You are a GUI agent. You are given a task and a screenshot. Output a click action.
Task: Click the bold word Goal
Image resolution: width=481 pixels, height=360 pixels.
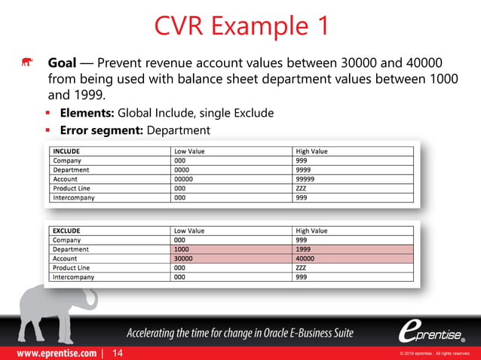pos(62,63)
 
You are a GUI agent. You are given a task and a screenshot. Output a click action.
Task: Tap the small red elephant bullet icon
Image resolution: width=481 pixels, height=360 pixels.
pos(27,63)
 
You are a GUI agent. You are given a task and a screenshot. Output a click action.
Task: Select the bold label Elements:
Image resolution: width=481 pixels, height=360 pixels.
pos(87,113)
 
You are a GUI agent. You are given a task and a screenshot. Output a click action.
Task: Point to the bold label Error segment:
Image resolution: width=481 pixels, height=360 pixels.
pos(102,130)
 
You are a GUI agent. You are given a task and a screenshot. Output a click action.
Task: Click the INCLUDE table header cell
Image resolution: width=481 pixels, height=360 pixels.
pos(66,151)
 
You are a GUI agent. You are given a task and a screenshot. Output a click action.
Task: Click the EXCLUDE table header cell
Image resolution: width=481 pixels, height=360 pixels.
pos(67,230)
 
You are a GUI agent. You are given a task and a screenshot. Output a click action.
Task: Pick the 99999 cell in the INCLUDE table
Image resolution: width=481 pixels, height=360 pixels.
pos(308,179)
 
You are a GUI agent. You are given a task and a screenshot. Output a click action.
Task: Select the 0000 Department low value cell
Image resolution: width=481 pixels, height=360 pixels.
pos(182,170)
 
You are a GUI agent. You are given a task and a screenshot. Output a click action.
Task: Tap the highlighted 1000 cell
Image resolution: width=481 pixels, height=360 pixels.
pos(182,249)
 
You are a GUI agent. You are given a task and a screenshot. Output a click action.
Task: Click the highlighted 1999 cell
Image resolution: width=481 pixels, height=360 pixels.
pos(305,249)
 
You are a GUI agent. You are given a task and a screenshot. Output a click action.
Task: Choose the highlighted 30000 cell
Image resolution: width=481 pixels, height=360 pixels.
pos(185,258)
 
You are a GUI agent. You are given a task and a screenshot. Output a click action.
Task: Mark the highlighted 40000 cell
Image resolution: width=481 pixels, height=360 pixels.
pos(307,258)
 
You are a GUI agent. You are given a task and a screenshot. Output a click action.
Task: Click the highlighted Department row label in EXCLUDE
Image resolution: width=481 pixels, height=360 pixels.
pos(71,249)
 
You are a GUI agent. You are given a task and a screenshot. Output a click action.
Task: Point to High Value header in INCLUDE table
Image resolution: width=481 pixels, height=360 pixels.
pos(312,151)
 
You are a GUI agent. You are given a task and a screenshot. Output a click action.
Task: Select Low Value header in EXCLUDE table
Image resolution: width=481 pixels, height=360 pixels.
pos(189,230)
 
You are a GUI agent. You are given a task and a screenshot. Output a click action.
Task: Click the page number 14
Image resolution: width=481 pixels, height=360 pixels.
pos(117,352)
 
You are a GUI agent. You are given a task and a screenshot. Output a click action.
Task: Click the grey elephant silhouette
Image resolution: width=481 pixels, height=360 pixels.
pos(45,301)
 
